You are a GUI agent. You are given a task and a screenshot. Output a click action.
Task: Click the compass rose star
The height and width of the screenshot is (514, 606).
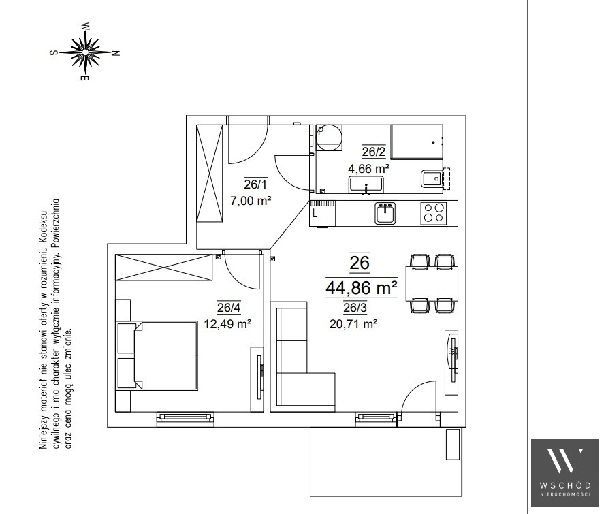[x=85, y=52]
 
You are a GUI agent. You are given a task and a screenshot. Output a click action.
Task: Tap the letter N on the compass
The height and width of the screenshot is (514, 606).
[x=115, y=53]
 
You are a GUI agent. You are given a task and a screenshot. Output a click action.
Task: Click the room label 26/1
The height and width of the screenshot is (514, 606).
[x=255, y=184]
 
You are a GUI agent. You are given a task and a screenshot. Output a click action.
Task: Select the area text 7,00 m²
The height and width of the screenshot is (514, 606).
[x=251, y=201]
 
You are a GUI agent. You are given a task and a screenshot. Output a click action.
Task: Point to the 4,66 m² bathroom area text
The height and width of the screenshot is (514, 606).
[x=368, y=169]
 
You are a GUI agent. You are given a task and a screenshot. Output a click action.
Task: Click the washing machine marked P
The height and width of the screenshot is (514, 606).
[x=330, y=138]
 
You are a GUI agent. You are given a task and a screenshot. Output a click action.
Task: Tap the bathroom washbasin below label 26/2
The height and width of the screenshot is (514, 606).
[x=366, y=184]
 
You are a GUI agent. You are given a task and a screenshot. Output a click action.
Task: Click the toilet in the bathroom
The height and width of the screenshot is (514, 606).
[x=432, y=178]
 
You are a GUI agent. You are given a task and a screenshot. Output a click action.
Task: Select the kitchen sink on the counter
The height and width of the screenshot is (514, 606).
[x=385, y=213]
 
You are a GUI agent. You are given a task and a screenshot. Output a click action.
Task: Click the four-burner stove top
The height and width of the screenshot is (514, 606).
[x=434, y=213]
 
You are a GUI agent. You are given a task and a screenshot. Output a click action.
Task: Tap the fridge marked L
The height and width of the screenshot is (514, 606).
[x=322, y=213]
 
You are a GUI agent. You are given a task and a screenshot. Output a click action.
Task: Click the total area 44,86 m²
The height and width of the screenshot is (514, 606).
[x=362, y=287]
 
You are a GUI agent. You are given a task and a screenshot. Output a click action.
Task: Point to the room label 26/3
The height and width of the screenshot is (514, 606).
[x=355, y=308]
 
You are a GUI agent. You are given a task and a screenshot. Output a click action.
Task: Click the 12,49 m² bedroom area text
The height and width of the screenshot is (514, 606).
[x=227, y=323]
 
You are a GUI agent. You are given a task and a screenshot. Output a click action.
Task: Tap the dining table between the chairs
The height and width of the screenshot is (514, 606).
[x=432, y=283]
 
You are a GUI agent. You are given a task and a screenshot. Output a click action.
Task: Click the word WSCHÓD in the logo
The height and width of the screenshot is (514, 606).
[x=565, y=485]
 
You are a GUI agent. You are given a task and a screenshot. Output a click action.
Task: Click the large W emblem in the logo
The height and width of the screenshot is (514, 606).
[x=565, y=461]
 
